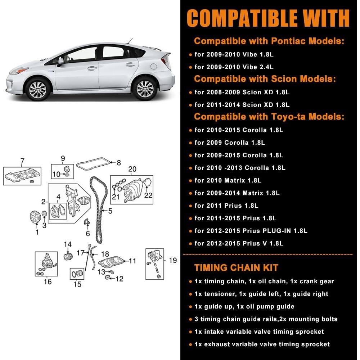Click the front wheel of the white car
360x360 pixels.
pyautogui.click(x=38, y=88)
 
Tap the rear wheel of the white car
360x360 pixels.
pyautogui.click(x=145, y=88)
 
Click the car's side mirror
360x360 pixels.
pyautogui.click(x=60, y=62)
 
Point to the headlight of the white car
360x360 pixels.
pyautogui.click(x=19, y=71)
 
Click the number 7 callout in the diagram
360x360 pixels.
pyautogui.click(x=22, y=161)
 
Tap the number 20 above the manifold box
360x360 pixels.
pyautogui.click(x=132, y=169)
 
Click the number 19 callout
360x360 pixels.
pyautogui.click(x=173, y=260)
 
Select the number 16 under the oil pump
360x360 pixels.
pyautogui.click(x=48, y=282)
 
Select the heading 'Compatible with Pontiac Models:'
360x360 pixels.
pyautogui.click(x=269, y=41)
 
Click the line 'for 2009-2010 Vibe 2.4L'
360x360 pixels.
pyautogui.click(x=234, y=67)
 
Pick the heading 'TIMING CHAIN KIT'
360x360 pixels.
pyautogui.click(x=236, y=267)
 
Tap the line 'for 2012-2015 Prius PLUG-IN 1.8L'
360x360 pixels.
pyautogui.click(x=251, y=231)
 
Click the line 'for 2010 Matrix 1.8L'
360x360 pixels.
pyautogui.click(x=228, y=180)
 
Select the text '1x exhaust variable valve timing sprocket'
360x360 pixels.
pyautogui.click(x=262, y=344)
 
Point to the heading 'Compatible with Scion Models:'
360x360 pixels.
pyautogui.click(x=265, y=78)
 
